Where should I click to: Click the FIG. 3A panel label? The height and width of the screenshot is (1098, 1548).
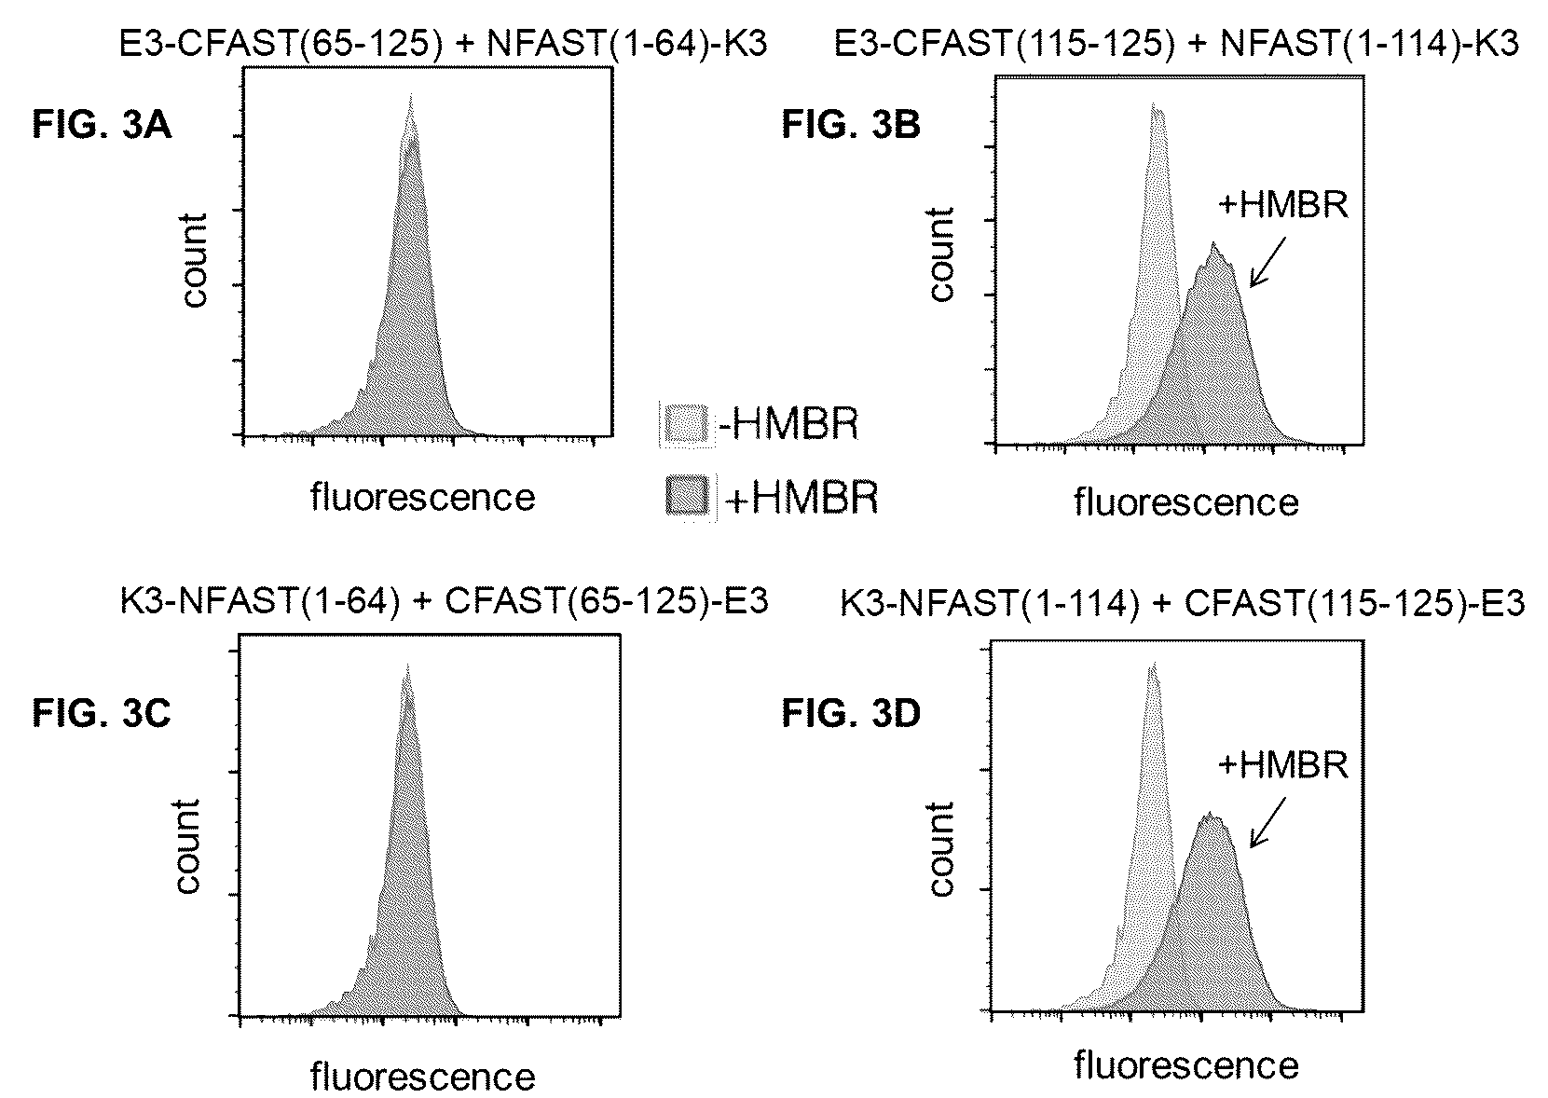102,126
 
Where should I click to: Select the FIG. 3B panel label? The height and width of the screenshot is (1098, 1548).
852,126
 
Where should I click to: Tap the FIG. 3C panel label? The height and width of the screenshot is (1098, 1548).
102,713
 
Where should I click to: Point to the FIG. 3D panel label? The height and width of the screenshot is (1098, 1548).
852,713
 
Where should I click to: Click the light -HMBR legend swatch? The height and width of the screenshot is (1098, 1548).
686,423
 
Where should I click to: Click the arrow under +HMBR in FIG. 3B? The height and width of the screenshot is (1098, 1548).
1267,262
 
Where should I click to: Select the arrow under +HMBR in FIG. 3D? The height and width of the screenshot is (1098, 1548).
1267,822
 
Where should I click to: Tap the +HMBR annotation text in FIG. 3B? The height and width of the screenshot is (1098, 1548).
1282,205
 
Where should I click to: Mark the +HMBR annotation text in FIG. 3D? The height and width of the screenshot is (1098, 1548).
1282,765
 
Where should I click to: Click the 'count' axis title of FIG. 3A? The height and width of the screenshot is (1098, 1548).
194,260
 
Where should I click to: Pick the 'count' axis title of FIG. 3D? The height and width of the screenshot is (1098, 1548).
940,848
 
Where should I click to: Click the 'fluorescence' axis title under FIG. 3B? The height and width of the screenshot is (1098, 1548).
1185,502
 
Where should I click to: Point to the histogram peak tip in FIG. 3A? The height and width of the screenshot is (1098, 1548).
411,95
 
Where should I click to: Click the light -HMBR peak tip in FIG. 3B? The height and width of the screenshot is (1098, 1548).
1154,103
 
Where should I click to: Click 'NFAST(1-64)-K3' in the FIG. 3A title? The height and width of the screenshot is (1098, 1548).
627,44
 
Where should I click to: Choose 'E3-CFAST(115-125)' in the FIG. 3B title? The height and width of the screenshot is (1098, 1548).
1004,44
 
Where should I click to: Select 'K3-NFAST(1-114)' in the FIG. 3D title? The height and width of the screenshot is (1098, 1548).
990,603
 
